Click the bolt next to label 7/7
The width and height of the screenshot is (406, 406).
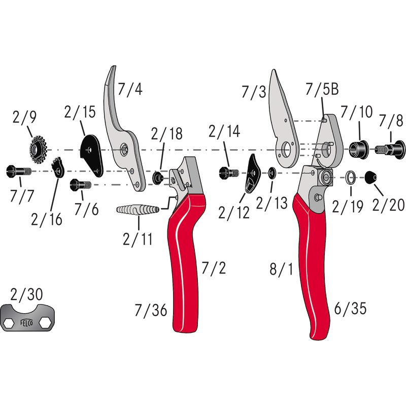tap(18, 171)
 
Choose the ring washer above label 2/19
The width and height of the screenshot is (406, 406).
tap(350, 178)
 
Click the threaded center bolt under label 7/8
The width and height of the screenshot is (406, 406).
tap(390, 149)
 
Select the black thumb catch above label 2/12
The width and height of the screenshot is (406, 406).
tap(252, 175)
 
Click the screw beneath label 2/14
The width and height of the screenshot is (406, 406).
tap(228, 173)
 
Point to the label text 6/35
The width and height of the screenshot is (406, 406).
tap(350, 308)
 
